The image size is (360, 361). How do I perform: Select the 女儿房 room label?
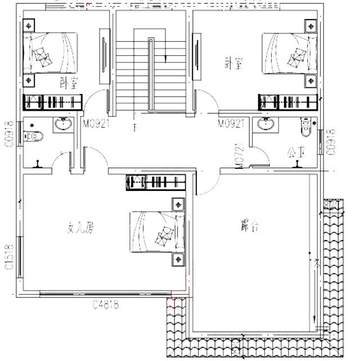pyautogui.click(x=80, y=228)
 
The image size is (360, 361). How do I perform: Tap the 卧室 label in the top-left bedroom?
pyautogui.click(x=68, y=82)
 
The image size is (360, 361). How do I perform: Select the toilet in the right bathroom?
pyautogui.click(x=305, y=127)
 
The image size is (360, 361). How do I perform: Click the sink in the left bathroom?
pyautogui.click(x=62, y=124)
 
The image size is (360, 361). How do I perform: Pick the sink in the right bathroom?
pyautogui.click(x=264, y=124)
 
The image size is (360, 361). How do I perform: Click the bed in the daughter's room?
pyautogui.click(x=158, y=232)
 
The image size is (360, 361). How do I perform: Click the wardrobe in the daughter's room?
pyautogui.click(x=156, y=183)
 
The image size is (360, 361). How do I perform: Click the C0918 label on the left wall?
pyautogui.click(x=9, y=134)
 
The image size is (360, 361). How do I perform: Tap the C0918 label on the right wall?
pyautogui.click(x=331, y=141)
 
